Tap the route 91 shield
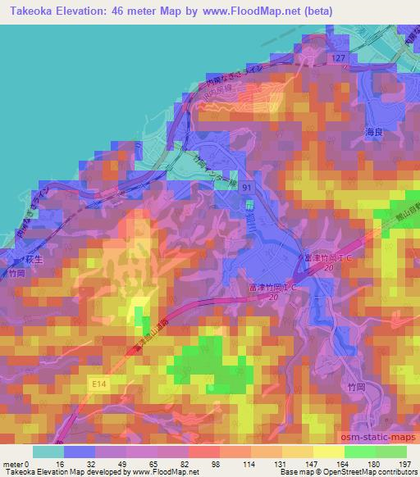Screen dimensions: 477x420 (247, 189)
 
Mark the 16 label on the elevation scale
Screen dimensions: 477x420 (61, 463)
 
